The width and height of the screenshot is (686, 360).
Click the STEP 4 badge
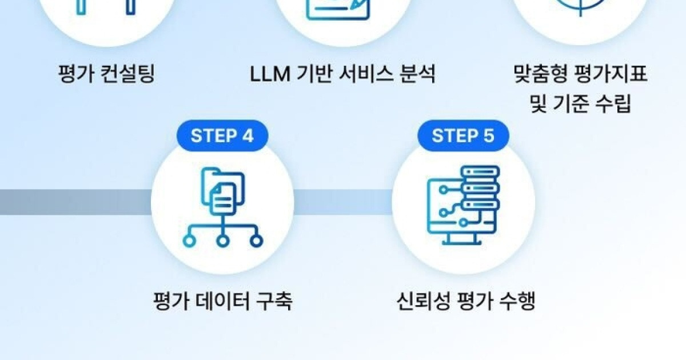(x=222, y=135)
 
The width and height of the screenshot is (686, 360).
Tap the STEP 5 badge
(x=463, y=135)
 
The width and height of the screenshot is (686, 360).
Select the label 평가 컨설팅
(x=106, y=74)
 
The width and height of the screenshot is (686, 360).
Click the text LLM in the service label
(x=270, y=74)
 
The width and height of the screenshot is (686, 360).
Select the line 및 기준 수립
(x=581, y=104)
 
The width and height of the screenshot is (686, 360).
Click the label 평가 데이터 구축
(x=222, y=301)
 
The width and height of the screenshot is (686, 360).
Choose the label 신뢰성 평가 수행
(x=466, y=301)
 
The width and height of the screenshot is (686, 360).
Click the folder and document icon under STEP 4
(x=223, y=191)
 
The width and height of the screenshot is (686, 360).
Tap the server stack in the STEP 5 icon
(x=480, y=188)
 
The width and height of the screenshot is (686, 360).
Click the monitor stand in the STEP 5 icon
(x=461, y=239)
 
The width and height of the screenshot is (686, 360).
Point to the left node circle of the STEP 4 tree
(x=189, y=241)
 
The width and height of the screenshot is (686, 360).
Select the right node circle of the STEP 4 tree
(x=256, y=241)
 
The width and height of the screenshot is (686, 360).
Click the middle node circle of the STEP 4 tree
(x=222, y=241)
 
